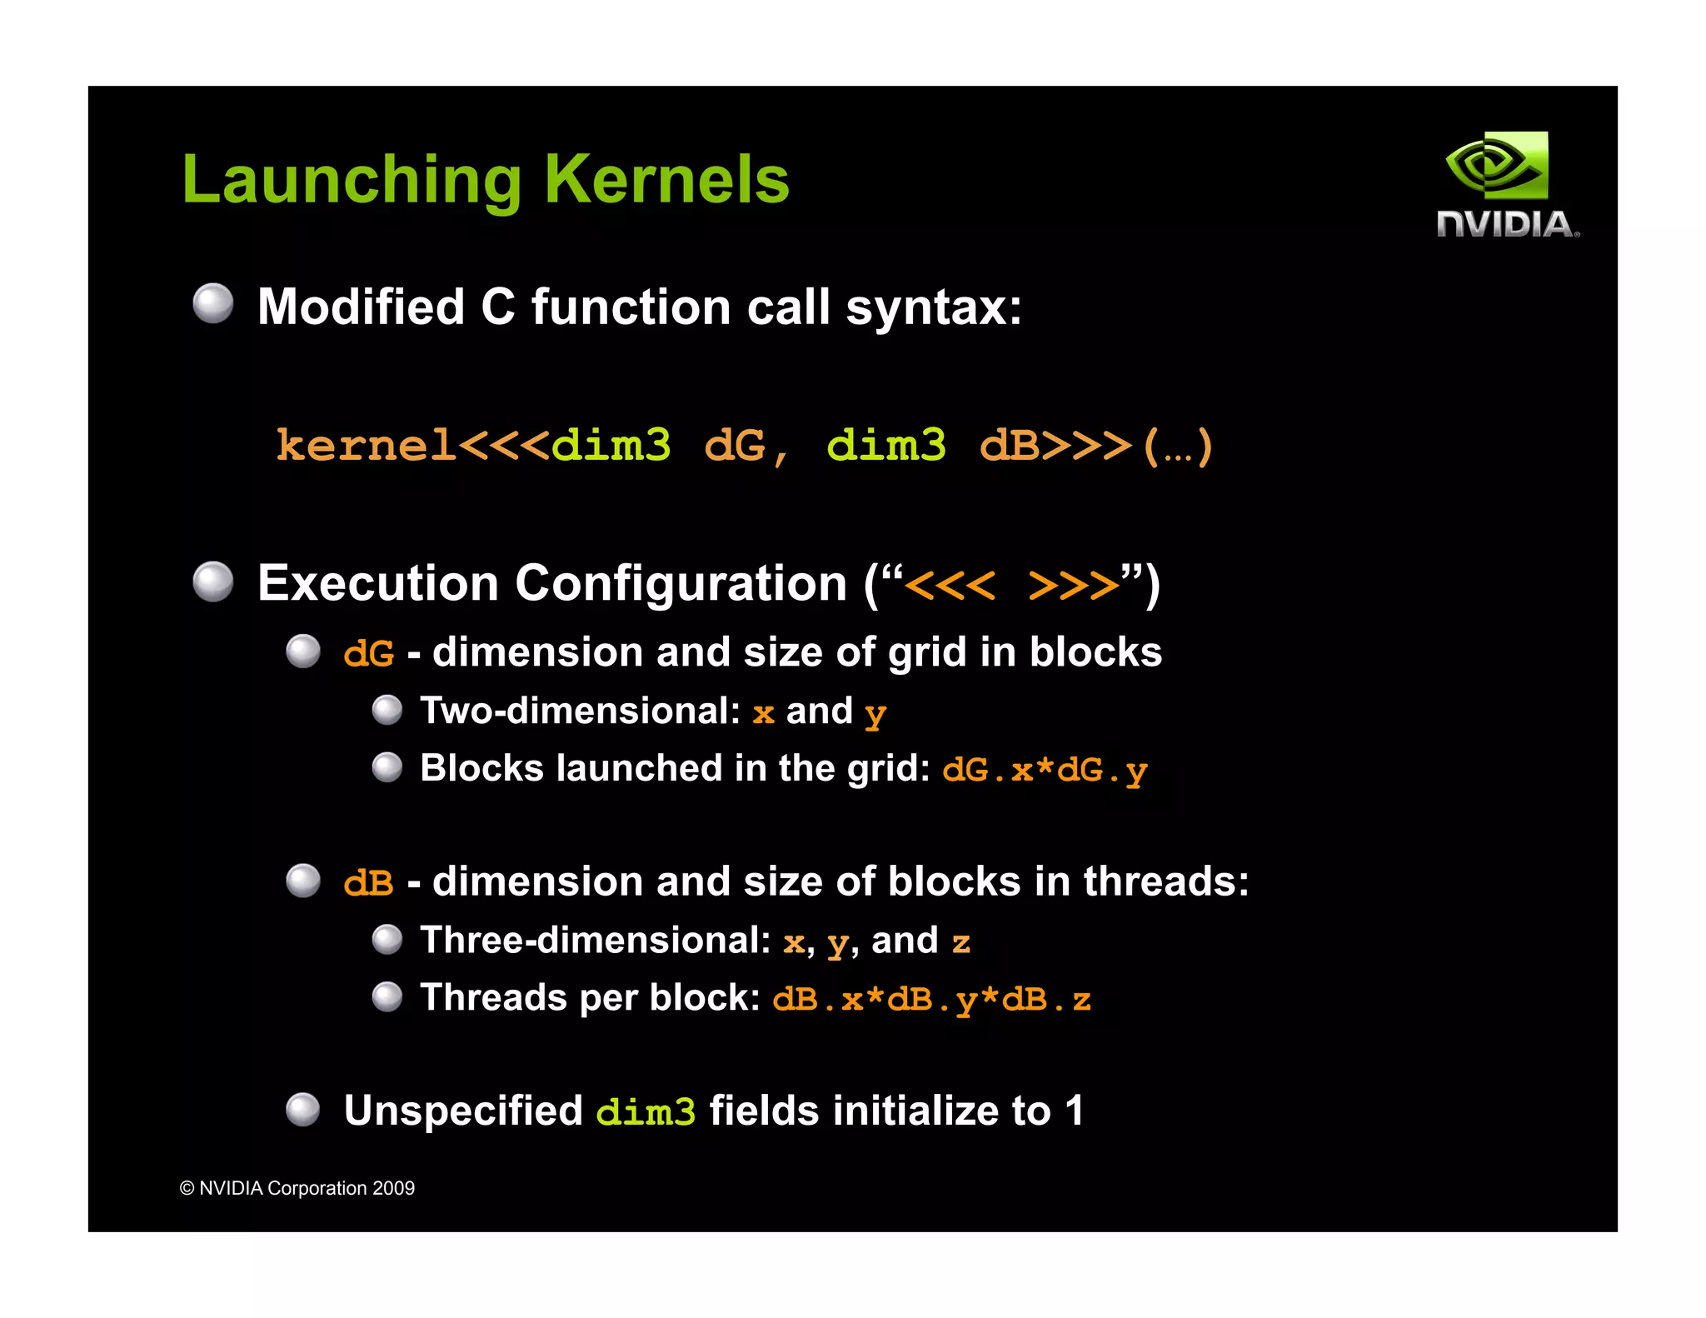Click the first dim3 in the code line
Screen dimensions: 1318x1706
pos(611,445)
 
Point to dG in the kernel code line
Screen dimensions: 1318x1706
pos(735,445)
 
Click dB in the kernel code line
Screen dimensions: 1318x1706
pos(1010,445)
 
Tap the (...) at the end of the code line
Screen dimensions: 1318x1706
pos(1178,447)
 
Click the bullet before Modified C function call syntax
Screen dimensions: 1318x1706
pos(213,303)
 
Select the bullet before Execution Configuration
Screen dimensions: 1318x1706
pos(213,581)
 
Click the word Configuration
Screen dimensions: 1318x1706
pos(681,583)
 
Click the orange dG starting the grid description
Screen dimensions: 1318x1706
pos(368,653)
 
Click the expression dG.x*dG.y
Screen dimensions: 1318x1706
pos(1045,770)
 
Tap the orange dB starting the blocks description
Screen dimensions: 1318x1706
pos(368,882)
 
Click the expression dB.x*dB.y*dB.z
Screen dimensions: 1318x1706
pos(931,998)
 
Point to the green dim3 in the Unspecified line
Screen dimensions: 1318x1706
pos(646,1111)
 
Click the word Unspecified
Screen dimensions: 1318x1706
pos(463,1111)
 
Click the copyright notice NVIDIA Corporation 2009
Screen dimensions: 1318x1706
pos(297,1188)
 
